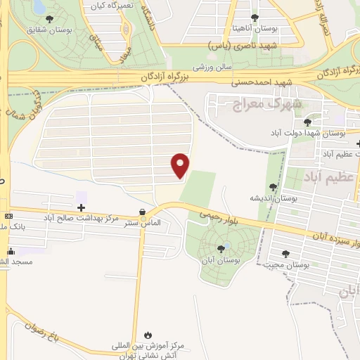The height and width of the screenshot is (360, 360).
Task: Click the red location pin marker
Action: click(x=181, y=165)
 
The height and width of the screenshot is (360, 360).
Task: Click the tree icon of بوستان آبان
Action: click(x=222, y=247)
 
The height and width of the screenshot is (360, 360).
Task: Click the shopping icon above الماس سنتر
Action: click(x=143, y=212)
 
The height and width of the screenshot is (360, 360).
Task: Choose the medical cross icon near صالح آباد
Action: click(x=82, y=207)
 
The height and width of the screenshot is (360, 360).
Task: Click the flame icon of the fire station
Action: click(x=148, y=335)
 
